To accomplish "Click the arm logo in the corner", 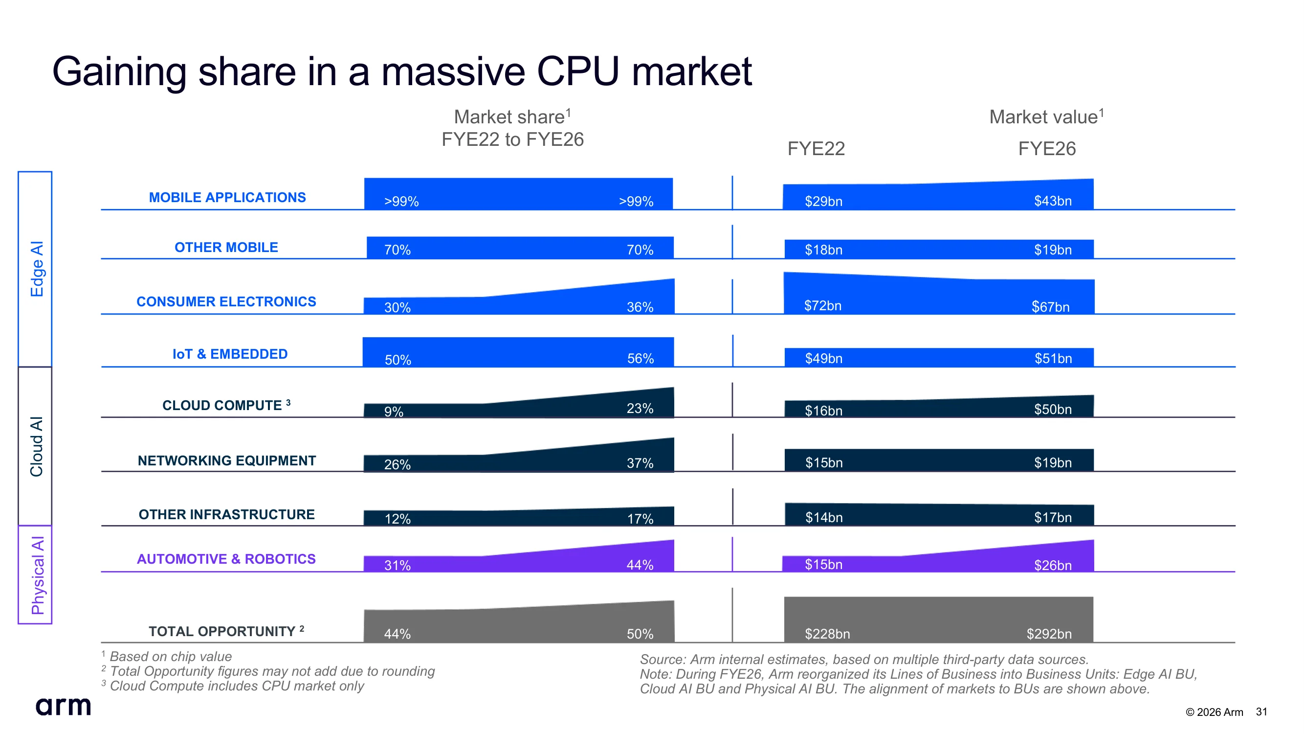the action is [63, 706].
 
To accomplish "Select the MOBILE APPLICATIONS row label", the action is [227, 198].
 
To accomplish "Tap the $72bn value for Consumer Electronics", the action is [822, 306].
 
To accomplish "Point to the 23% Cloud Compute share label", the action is [640, 409].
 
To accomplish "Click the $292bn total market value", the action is [1049, 634].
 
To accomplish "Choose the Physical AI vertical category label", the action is [38, 575].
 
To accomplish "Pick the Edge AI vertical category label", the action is [37, 269].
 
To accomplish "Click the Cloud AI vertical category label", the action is [37, 446].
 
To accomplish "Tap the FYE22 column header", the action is [816, 148].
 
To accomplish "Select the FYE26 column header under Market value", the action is [1047, 148].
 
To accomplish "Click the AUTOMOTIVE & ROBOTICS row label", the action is [226, 559].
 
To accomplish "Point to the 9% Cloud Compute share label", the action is [393, 412].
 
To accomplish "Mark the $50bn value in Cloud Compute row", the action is [1053, 409].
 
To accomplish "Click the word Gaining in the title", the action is [119, 72].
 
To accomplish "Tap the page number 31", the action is [1261, 711].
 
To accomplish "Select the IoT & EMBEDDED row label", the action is [230, 354].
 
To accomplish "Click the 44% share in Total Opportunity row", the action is [398, 634].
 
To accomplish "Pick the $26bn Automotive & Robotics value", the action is [1053, 565].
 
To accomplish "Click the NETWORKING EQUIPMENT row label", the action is [227, 460].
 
